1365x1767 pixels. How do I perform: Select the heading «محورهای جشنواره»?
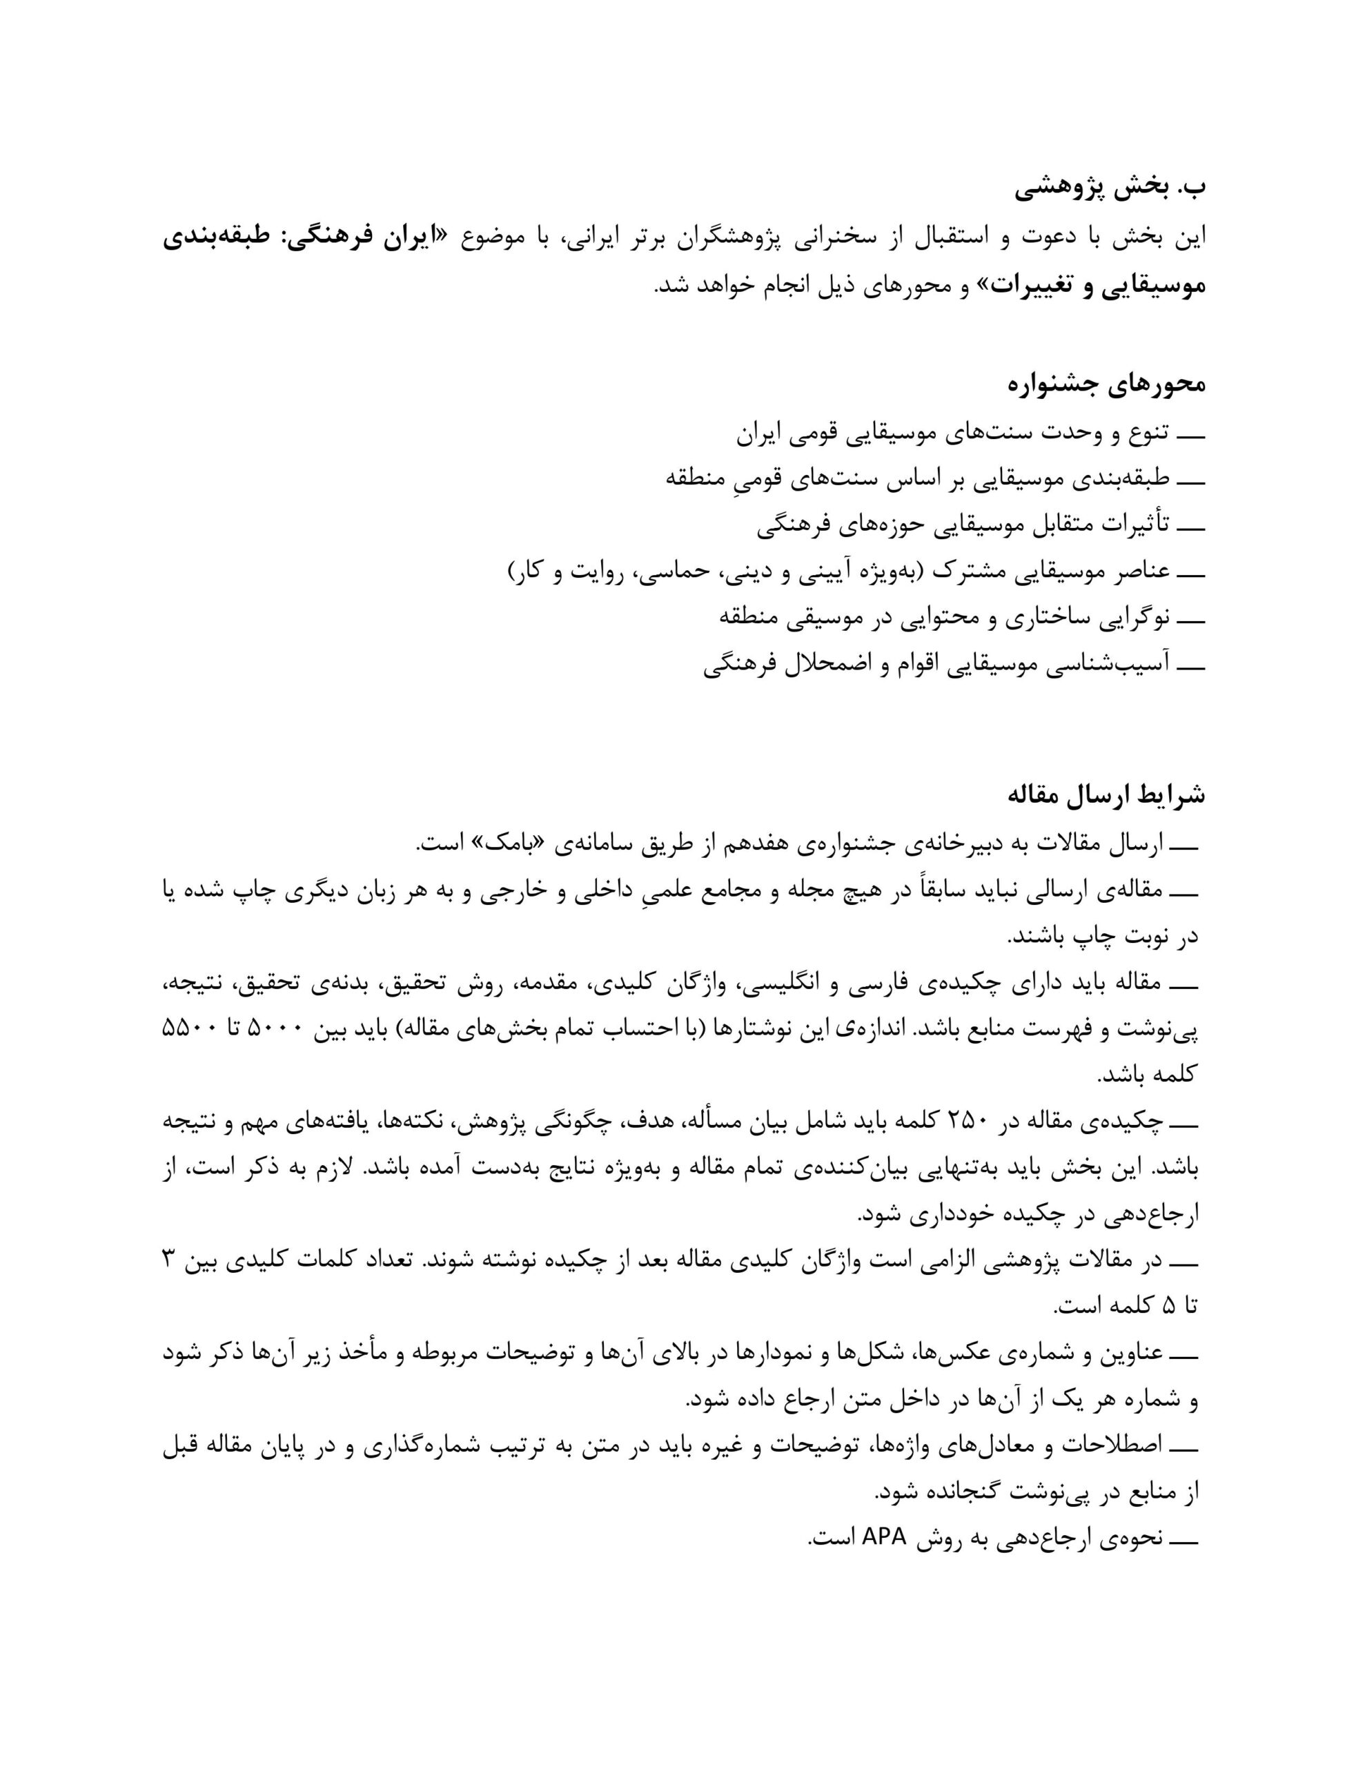pos(1106,384)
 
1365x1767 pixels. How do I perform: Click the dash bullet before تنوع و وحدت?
pos(1191,433)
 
